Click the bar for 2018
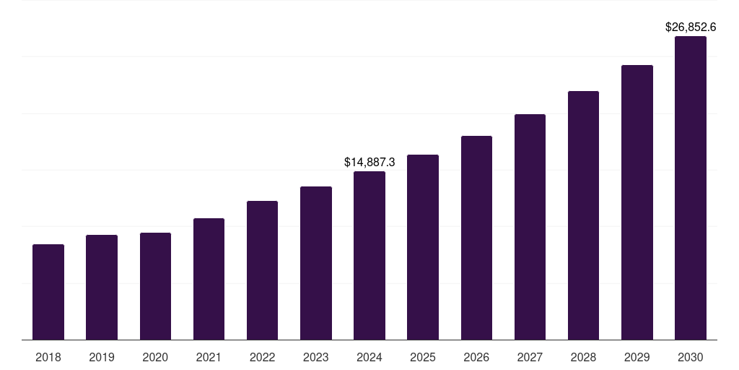tap(48, 292)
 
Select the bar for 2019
tap(102, 287)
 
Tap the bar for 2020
tap(155, 286)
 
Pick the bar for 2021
tap(209, 279)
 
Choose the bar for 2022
tap(262, 270)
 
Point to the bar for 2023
tap(316, 263)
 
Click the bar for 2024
tap(369, 255)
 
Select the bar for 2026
tap(476, 238)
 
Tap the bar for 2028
tap(583, 215)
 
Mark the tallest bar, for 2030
tap(691, 188)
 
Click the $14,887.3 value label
tap(369, 163)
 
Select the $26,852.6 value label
tap(691, 27)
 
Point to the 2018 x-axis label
tap(48, 357)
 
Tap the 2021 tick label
tap(209, 357)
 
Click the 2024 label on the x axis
tap(369, 357)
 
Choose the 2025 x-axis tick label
tap(423, 357)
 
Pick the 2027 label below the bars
tap(530, 357)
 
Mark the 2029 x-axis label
tap(637, 357)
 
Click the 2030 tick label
tap(691, 357)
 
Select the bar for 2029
tap(637, 202)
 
